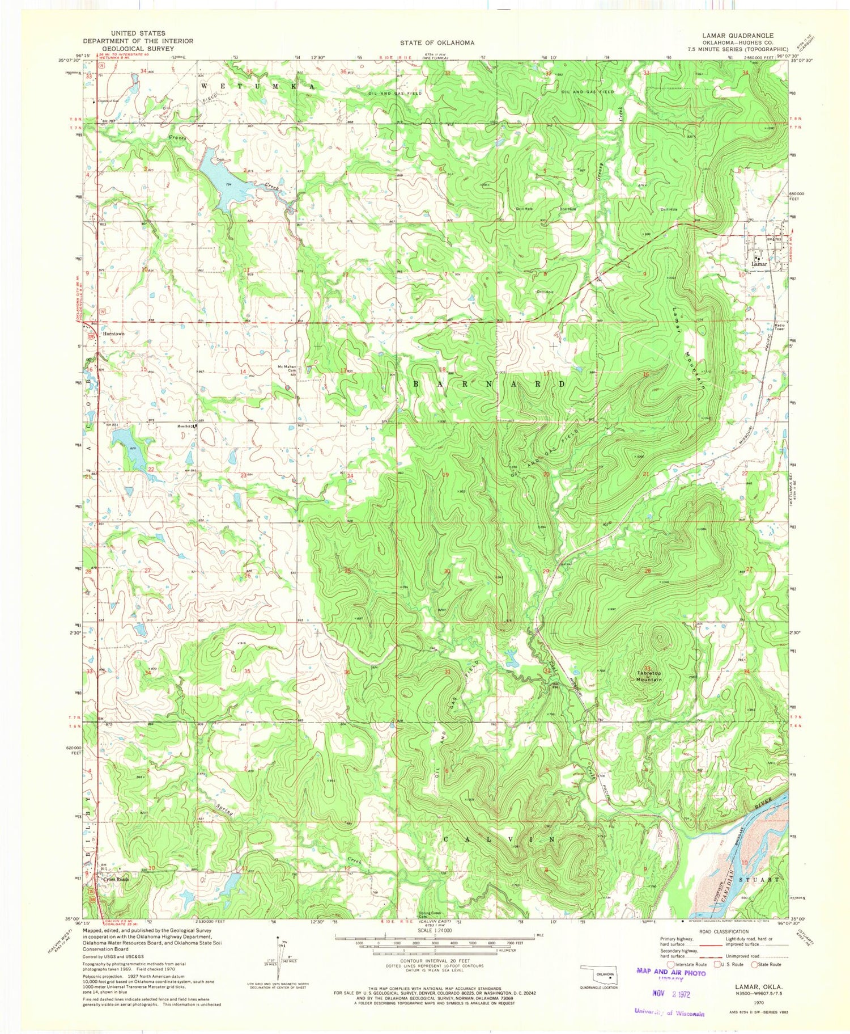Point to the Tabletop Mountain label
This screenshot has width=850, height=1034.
coord(647,676)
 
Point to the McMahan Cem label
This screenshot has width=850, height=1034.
coord(286,369)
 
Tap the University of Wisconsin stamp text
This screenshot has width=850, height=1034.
coord(669,1013)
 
